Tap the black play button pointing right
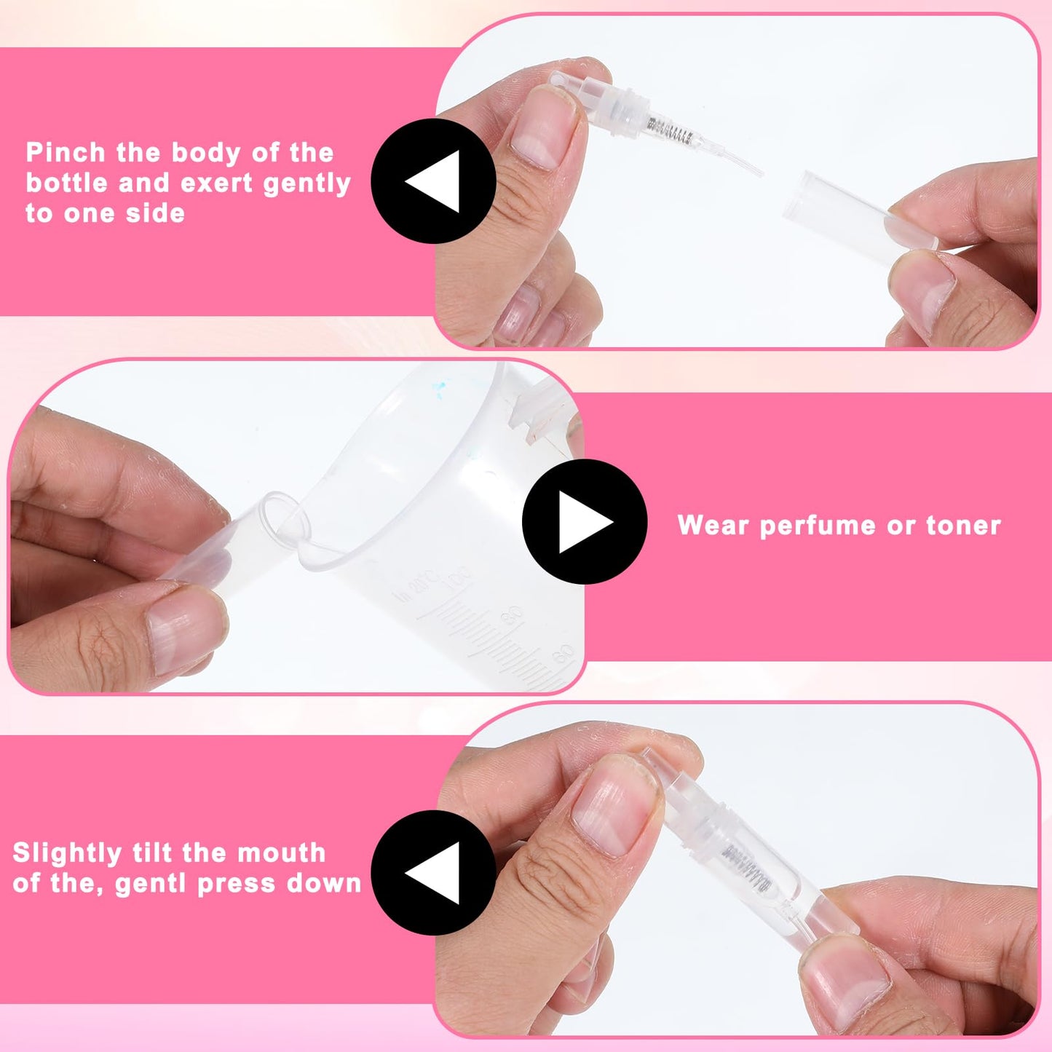coord(585,521)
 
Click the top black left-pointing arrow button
coord(433,181)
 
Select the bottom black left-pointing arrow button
coord(433,872)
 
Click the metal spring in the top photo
coord(670,132)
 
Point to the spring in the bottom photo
coord(746,863)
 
